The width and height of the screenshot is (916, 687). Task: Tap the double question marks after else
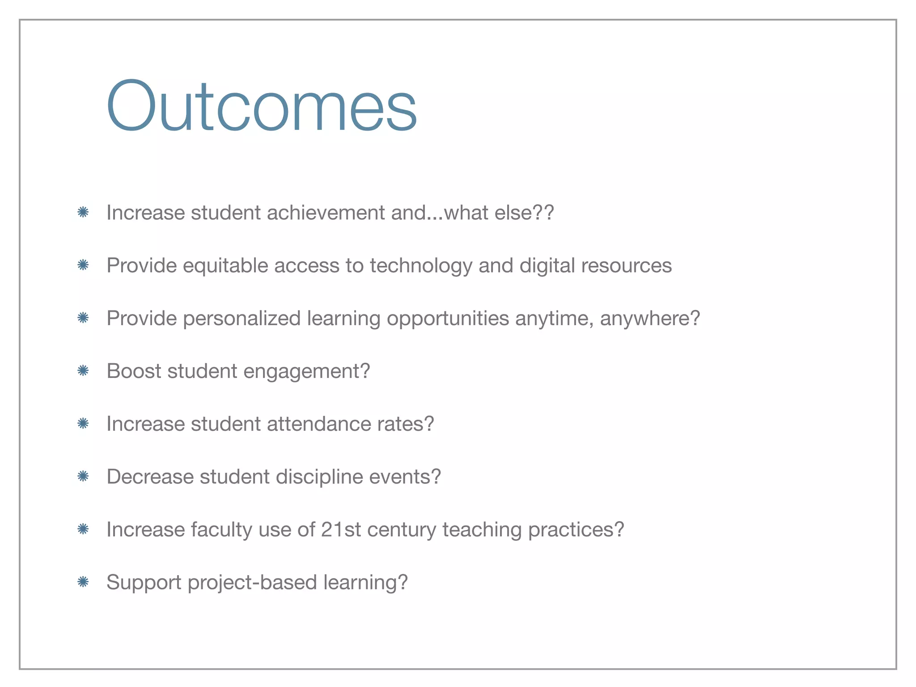[543, 212]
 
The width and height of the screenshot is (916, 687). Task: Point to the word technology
[420, 266]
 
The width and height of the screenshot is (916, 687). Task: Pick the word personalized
[242, 318]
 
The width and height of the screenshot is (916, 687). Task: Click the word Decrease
[150, 477]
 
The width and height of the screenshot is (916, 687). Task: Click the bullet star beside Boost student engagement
[83, 371]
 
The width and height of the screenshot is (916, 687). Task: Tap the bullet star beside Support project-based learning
[83, 582]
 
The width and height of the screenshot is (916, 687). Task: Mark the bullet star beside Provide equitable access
[83, 265]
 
